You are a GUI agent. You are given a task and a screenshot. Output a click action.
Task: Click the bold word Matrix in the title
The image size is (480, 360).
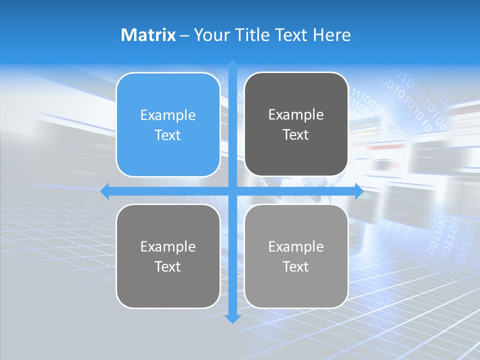coord(148,35)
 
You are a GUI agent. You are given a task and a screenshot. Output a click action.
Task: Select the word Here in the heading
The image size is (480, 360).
coord(332,35)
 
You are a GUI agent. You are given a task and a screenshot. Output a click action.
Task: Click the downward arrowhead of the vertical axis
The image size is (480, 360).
coord(232,318)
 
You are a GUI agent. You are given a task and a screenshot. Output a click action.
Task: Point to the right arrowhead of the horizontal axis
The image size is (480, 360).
coord(359,191)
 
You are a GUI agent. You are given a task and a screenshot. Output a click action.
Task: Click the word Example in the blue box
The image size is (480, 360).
coord(168,115)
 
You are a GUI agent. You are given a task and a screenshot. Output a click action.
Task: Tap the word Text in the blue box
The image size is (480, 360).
coord(168,135)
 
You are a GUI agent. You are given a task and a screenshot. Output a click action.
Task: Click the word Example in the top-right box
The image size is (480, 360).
coord(296,114)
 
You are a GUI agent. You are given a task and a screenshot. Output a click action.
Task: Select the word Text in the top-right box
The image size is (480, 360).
coord(296,134)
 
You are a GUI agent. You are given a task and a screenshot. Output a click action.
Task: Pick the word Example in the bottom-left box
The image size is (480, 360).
coord(168,246)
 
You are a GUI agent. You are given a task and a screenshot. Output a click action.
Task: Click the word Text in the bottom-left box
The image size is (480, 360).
coord(168,266)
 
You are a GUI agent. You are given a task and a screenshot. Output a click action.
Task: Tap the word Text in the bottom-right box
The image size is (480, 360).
coord(296,266)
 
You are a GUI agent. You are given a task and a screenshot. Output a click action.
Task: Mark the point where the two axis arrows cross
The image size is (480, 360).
coord(232,191)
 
